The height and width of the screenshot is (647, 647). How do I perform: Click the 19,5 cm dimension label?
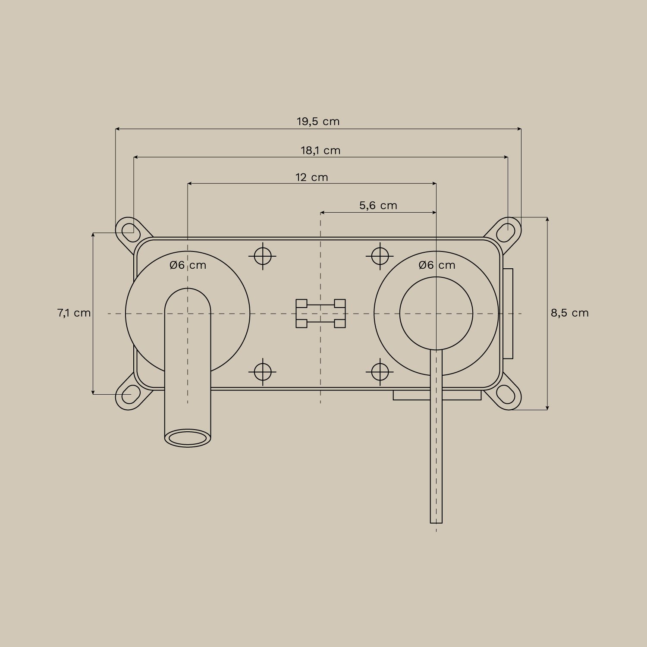click(x=318, y=122)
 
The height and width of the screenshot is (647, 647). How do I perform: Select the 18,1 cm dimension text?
click(x=320, y=151)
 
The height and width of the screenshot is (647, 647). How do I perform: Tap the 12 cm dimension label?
click(x=311, y=177)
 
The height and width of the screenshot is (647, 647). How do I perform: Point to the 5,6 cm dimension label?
click(x=378, y=205)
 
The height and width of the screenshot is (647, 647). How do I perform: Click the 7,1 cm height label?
click(x=74, y=313)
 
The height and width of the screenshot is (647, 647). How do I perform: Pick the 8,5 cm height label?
click(x=569, y=313)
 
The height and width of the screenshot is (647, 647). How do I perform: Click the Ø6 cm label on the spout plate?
click(x=188, y=265)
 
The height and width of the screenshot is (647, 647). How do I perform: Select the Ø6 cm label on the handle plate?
click(x=437, y=265)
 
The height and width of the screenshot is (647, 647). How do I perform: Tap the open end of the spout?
click(x=188, y=438)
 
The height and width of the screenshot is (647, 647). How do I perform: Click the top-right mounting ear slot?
click(x=505, y=232)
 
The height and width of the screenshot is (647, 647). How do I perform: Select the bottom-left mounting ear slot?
click(x=128, y=394)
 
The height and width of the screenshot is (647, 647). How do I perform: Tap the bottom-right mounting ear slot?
click(x=505, y=394)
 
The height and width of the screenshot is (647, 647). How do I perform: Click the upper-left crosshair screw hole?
click(x=262, y=256)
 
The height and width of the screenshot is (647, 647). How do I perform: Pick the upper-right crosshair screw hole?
click(x=380, y=256)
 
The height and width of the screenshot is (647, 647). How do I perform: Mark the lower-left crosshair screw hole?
click(x=262, y=371)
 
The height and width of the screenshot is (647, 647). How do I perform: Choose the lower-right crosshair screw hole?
click(x=380, y=371)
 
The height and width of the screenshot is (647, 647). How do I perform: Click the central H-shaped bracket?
click(x=320, y=314)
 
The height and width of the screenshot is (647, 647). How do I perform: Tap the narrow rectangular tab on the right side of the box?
click(x=508, y=314)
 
